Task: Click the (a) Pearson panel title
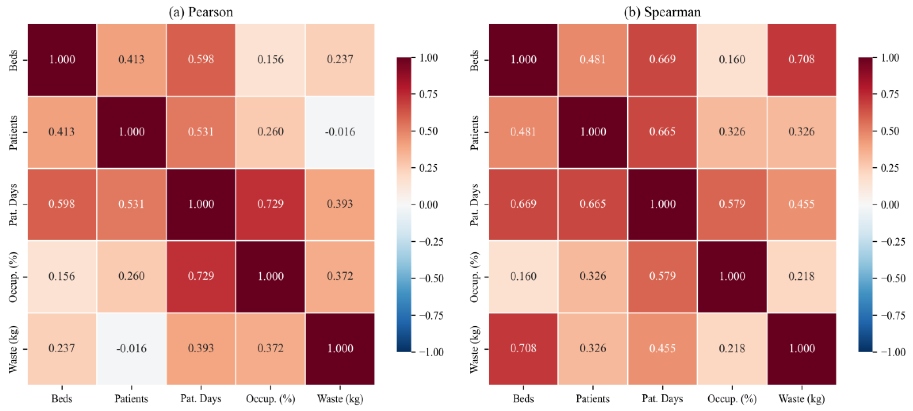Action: (201, 12)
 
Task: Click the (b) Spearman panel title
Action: (662, 12)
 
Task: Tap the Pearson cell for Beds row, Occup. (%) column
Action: (271, 59)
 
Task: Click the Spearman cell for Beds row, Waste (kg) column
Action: (802, 59)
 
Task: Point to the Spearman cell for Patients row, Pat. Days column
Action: (662, 132)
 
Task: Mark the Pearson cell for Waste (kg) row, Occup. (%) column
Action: (271, 349)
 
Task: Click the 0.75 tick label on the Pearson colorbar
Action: (428, 94)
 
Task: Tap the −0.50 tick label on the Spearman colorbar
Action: (892, 278)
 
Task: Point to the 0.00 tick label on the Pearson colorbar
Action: (428, 205)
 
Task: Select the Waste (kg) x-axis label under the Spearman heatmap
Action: (802, 399)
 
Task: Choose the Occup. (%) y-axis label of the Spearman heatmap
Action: (474, 277)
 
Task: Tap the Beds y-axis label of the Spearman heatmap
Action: (474, 60)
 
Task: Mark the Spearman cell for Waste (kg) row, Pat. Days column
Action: (662, 349)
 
